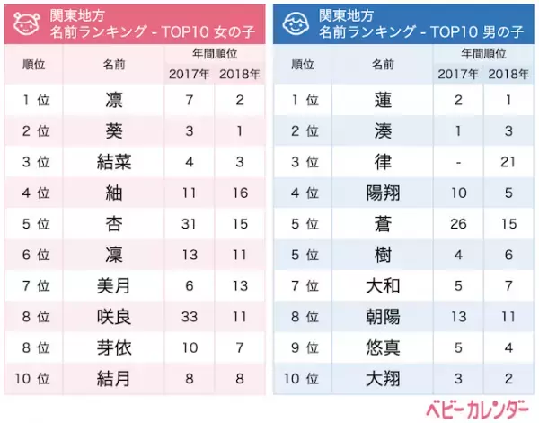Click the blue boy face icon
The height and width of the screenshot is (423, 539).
(x=297, y=24)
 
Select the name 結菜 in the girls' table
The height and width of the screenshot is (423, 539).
(x=112, y=161)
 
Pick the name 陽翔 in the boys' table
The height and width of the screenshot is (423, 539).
(x=383, y=193)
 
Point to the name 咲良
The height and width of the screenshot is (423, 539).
(x=112, y=316)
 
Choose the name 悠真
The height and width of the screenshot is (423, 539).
(x=383, y=346)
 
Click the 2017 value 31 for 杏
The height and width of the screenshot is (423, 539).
(x=190, y=223)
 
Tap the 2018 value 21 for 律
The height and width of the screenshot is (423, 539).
(x=508, y=161)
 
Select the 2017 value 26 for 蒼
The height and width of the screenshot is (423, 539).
(x=459, y=223)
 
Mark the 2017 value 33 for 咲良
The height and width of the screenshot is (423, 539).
(x=190, y=316)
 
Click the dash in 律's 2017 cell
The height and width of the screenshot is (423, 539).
(x=459, y=161)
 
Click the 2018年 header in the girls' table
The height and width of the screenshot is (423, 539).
(x=239, y=73)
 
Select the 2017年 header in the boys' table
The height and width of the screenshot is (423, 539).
(x=459, y=73)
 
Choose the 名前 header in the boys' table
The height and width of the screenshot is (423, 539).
(x=383, y=64)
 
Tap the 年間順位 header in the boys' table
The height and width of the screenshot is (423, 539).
(x=483, y=53)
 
